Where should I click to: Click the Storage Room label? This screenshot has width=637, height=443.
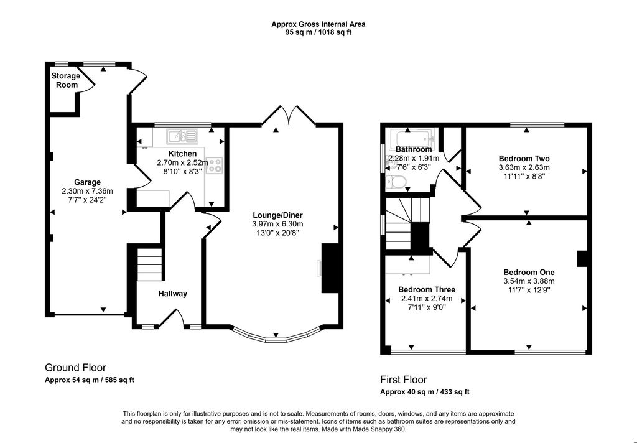click(x=66, y=80)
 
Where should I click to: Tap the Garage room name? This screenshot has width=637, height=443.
click(x=87, y=182)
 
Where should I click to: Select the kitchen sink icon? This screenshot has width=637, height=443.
click(x=182, y=136)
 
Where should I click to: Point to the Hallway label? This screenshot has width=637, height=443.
click(x=173, y=294)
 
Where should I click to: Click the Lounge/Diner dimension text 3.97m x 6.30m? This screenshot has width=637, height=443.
click(x=277, y=224)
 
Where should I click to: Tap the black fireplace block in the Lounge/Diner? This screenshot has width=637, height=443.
click(x=330, y=268)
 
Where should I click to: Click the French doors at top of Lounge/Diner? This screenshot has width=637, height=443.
click(x=289, y=114)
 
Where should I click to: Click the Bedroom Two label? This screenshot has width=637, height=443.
click(x=524, y=159)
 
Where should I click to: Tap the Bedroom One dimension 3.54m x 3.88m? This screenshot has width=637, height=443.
click(x=529, y=281)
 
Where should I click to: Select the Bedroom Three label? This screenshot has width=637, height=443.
click(x=427, y=289)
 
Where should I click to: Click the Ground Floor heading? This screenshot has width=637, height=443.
click(x=75, y=368)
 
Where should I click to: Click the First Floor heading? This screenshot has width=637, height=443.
click(x=403, y=380)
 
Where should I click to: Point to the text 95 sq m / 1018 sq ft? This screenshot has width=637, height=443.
click(x=318, y=32)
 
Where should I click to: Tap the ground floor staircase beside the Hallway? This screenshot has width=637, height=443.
click(x=150, y=264)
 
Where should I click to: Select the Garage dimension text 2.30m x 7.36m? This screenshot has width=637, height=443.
click(x=87, y=191)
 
